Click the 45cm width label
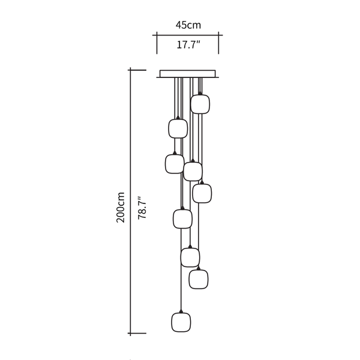[188, 25]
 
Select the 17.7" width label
[188, 44]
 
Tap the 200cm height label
[121, 208]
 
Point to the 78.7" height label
[142, 208]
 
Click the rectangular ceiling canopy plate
[188, 74]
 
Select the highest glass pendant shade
[200, 104]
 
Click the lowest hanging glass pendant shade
[181, 322]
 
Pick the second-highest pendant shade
[178, 128]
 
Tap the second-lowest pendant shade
[199, 279]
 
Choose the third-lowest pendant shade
[190, 257]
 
